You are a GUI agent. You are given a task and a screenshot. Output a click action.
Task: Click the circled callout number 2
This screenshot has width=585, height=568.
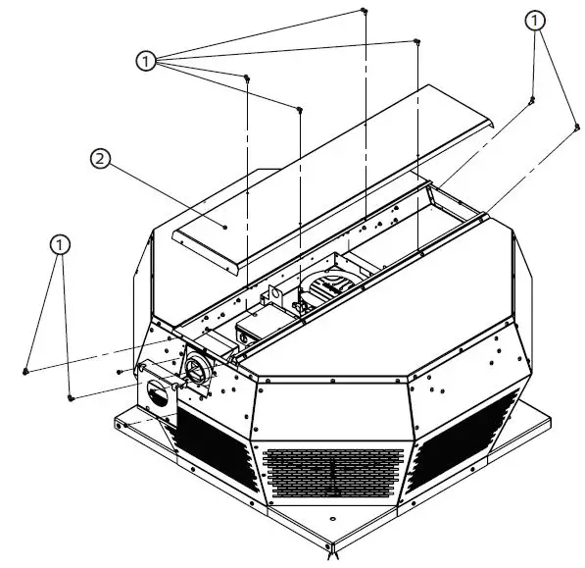tap(98, 157)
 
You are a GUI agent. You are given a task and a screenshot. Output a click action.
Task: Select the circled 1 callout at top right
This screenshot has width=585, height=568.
tap(534, 20)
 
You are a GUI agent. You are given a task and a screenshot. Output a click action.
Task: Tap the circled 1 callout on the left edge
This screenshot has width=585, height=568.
tap(61, 242)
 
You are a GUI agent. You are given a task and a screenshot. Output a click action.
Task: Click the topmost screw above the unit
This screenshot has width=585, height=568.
tap(364, 11)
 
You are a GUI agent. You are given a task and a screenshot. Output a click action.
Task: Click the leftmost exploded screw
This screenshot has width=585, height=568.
tap(24, 371)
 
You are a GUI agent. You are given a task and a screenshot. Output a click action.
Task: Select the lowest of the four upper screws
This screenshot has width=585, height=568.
tap(299, 109)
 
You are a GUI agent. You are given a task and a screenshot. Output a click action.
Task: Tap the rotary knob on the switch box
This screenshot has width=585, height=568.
tap(158, 392)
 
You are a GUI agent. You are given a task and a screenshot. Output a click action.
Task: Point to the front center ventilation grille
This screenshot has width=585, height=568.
tap(334, 473)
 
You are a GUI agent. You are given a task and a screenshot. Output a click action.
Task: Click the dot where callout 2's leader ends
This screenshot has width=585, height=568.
tap(224, 227)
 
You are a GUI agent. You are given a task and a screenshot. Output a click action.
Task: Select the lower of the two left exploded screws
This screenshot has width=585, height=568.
tap(71, 397)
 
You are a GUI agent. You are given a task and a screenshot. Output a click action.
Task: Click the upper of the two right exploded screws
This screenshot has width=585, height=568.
tap(532, 99)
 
